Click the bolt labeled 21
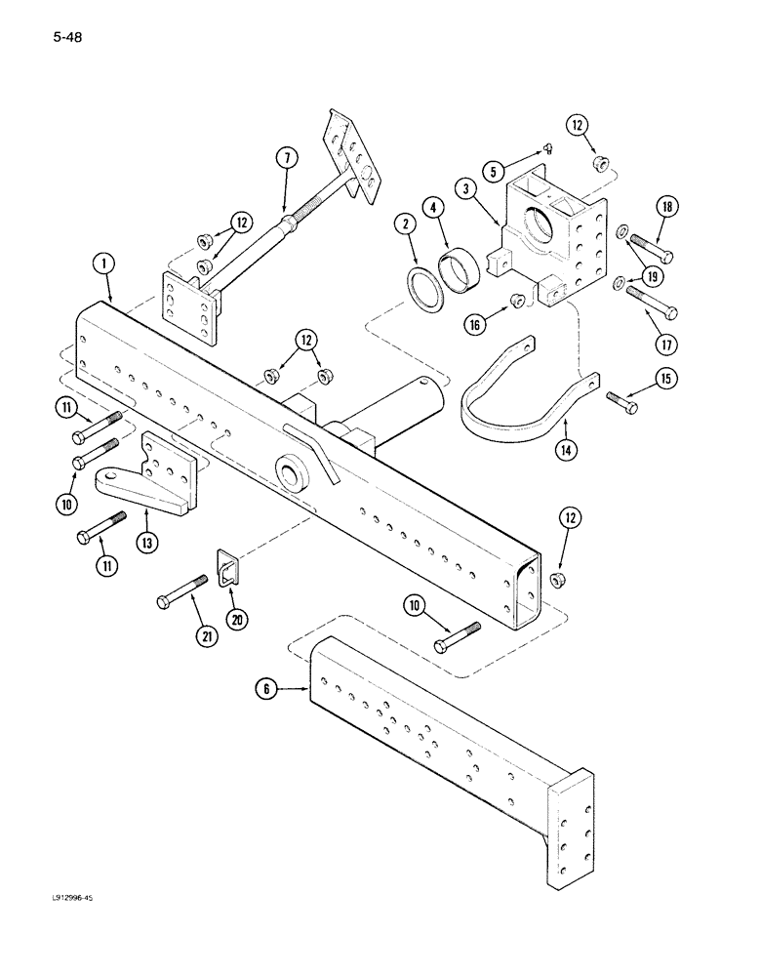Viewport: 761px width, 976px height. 181,591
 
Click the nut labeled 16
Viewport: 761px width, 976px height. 520,300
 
